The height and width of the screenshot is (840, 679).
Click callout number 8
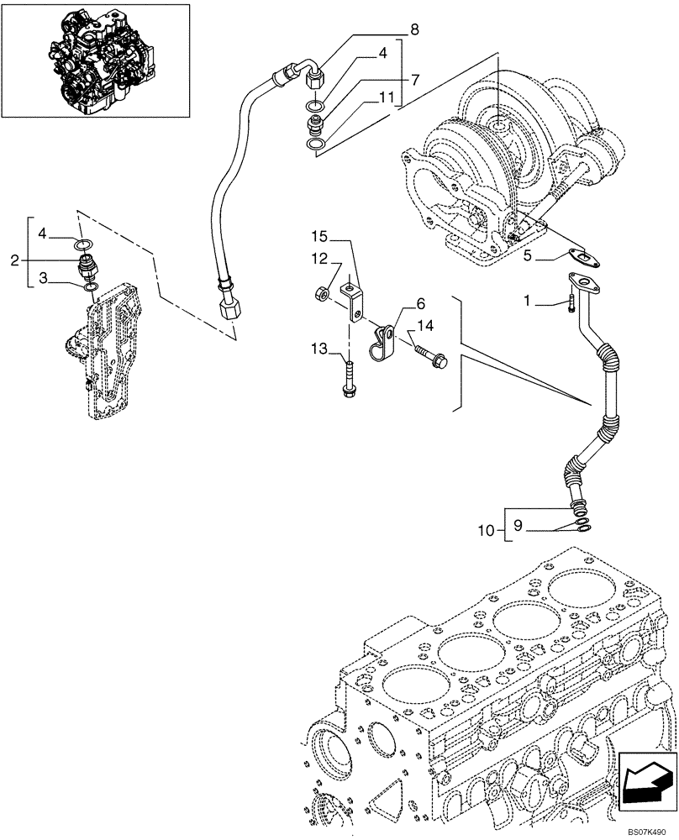(x=413, y=31)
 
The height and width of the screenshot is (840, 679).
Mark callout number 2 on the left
(x=13, y=260)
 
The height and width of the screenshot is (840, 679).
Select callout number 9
(x=518, y=524)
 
